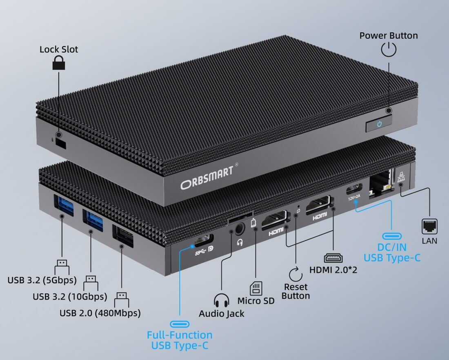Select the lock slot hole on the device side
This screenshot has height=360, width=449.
coord(61,143)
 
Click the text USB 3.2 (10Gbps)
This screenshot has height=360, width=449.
coord(70,296)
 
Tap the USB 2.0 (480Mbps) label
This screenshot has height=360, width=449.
coord(100,313)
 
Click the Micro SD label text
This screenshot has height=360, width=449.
coord(256,301)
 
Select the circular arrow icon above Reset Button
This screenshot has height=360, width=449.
coord(295,273)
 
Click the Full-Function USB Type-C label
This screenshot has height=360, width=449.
coord(180,340)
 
